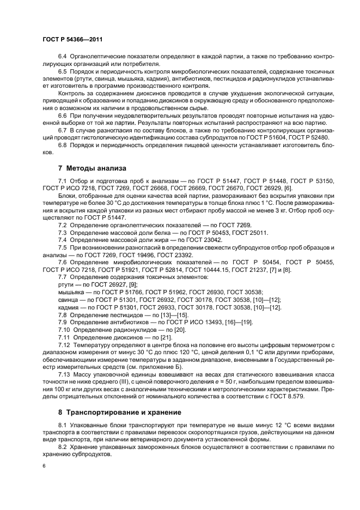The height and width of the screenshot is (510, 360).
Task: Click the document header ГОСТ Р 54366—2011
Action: pos(72,40)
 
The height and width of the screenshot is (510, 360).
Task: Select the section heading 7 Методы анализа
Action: pos(91,168)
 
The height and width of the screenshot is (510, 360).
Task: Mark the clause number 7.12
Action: pos(65,346)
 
